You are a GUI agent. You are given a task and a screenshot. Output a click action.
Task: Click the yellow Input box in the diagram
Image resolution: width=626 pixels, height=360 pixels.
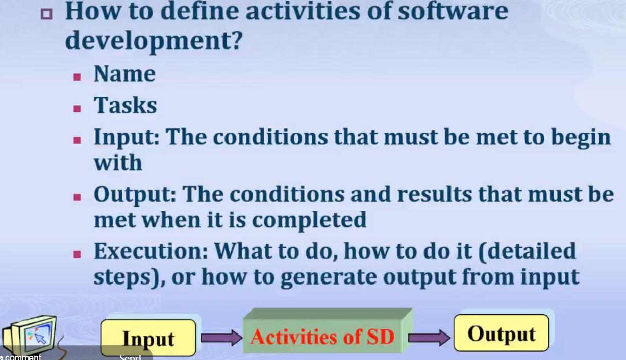(x=148, y=338)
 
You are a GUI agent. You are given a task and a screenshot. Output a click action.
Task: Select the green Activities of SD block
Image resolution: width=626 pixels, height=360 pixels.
(x=328, y=331)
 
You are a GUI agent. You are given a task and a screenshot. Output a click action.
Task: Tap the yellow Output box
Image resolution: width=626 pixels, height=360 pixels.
(x=502, y=333)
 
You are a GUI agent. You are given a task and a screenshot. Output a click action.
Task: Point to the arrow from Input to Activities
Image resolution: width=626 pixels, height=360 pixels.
(x=221, y=338)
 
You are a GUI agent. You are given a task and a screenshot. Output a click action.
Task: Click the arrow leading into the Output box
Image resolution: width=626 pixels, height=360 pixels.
(x=429, y=338)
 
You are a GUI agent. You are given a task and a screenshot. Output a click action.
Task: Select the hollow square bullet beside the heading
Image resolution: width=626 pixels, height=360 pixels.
(x=46, y=14)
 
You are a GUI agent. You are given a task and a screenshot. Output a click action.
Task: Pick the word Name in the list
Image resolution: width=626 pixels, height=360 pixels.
(x=124, y=74)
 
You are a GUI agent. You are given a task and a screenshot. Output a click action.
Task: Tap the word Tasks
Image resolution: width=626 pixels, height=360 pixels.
(x=125, y=105)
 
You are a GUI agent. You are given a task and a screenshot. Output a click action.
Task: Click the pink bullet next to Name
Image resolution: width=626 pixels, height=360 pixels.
(x=77, y=77)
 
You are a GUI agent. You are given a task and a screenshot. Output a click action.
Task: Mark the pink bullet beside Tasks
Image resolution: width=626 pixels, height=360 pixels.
(x=77, y=109)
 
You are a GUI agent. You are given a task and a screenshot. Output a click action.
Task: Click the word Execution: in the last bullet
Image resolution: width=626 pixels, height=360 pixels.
(x=151, y=251)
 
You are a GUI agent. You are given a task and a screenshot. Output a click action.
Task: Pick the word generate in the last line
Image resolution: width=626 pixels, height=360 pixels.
(x=329, y=278)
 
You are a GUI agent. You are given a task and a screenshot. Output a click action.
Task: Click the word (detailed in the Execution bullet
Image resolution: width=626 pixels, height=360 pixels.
(x=527, y=252)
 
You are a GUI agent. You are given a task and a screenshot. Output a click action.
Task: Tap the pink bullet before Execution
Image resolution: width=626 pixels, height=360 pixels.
(x=77, y=254)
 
